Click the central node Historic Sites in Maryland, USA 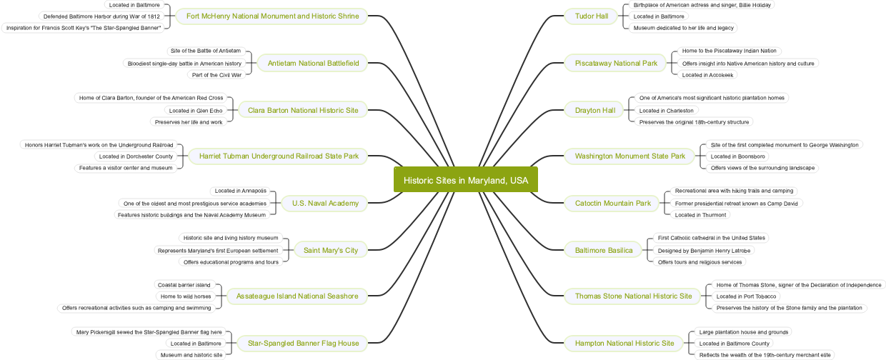click(x=465, y=180)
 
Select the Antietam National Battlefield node click(x=313, y=64)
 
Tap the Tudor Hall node click(x=591, y=16)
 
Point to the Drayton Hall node click(x=594, y=111)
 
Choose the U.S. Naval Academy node click(x=325, y=204)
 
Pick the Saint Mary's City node click(x=331, y=251)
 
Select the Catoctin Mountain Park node click(x=612, y=204)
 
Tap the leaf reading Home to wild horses click(x=186, y=296)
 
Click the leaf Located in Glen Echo click(x=195, y=111)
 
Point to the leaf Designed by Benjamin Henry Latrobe click(x=704, y=251)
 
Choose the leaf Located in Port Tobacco click(x=746, y=296)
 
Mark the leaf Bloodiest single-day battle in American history click(x=184, y=64)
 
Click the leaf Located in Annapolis click(x=240, y=191)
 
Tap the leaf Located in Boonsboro click(x=737, y=156)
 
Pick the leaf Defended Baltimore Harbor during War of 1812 click(x=101, y=16)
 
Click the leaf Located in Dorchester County click(x=136, y=156)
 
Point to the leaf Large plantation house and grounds click(x=743, y=332)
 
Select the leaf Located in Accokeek click(x=707, y=75)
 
